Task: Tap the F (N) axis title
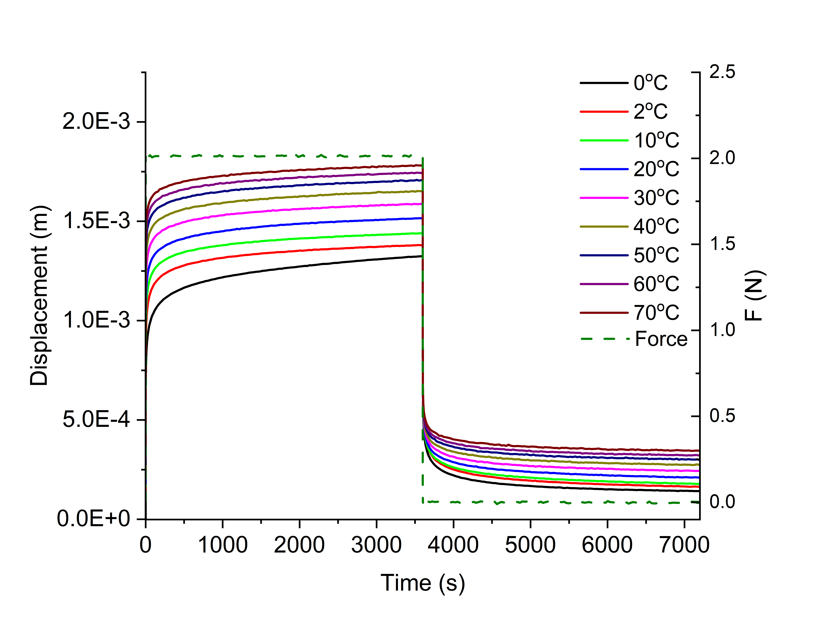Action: point(755,295)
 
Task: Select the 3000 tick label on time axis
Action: point(376,545)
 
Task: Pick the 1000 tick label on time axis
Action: point(223,545)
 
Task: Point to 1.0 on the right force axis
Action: point(722,330)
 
